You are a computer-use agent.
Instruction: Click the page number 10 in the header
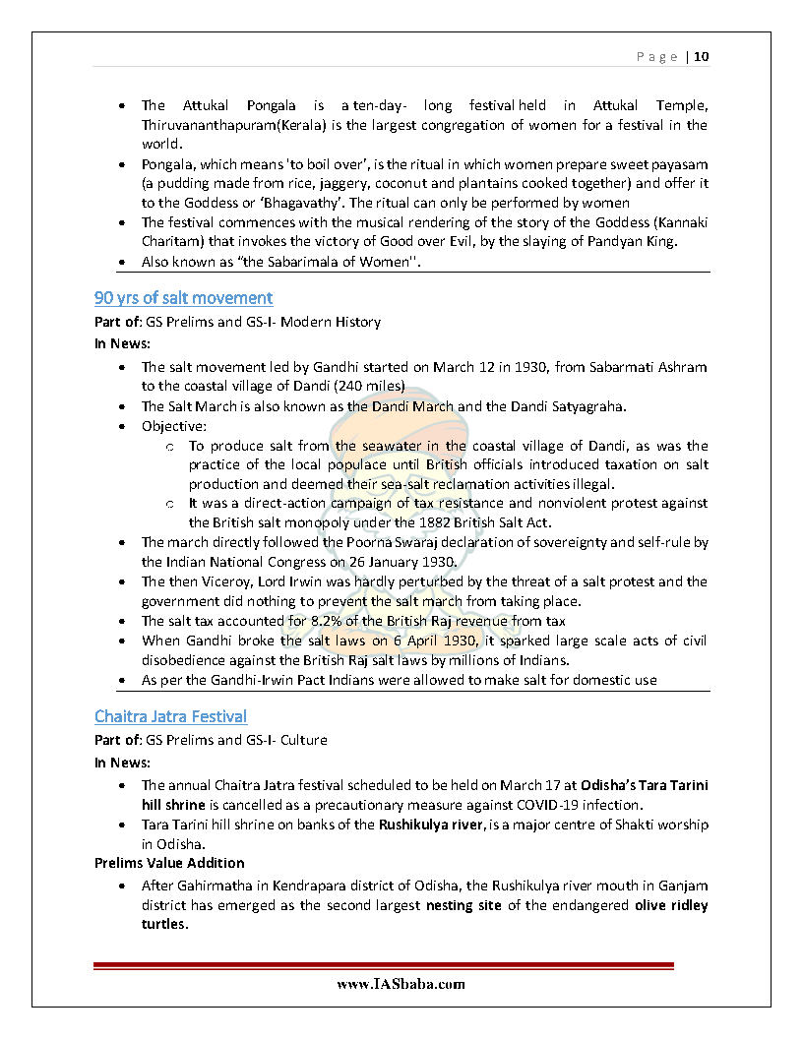701,56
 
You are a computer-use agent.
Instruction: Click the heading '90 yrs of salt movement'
183,297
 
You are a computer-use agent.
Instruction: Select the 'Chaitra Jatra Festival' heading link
170,715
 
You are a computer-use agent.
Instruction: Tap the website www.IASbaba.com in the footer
401,983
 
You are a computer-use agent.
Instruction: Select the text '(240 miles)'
370,387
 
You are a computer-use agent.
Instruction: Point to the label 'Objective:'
174,426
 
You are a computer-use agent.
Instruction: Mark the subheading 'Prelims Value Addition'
168,863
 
